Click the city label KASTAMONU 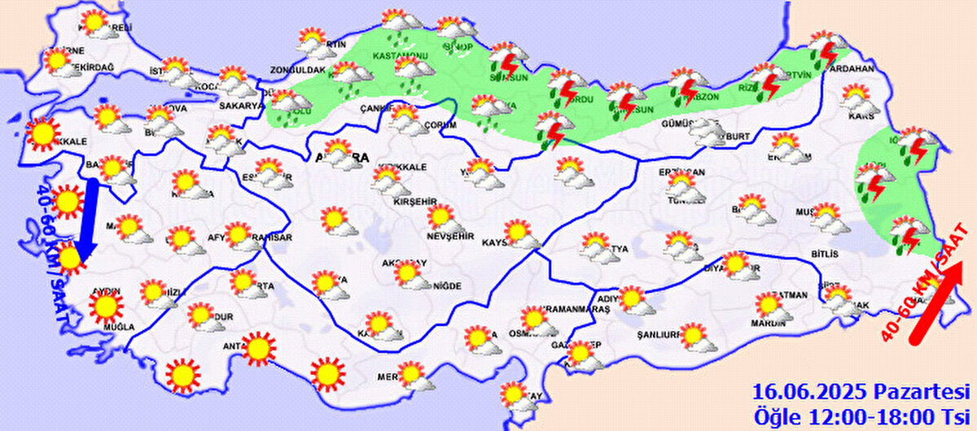pyautogui.click(x=400, y=55)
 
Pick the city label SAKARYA pyautogui.click(x=242, y=105)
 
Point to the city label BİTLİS pyautogui.click(x=824, y=255)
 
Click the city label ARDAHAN pyautogui.click(x=849, y=69)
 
